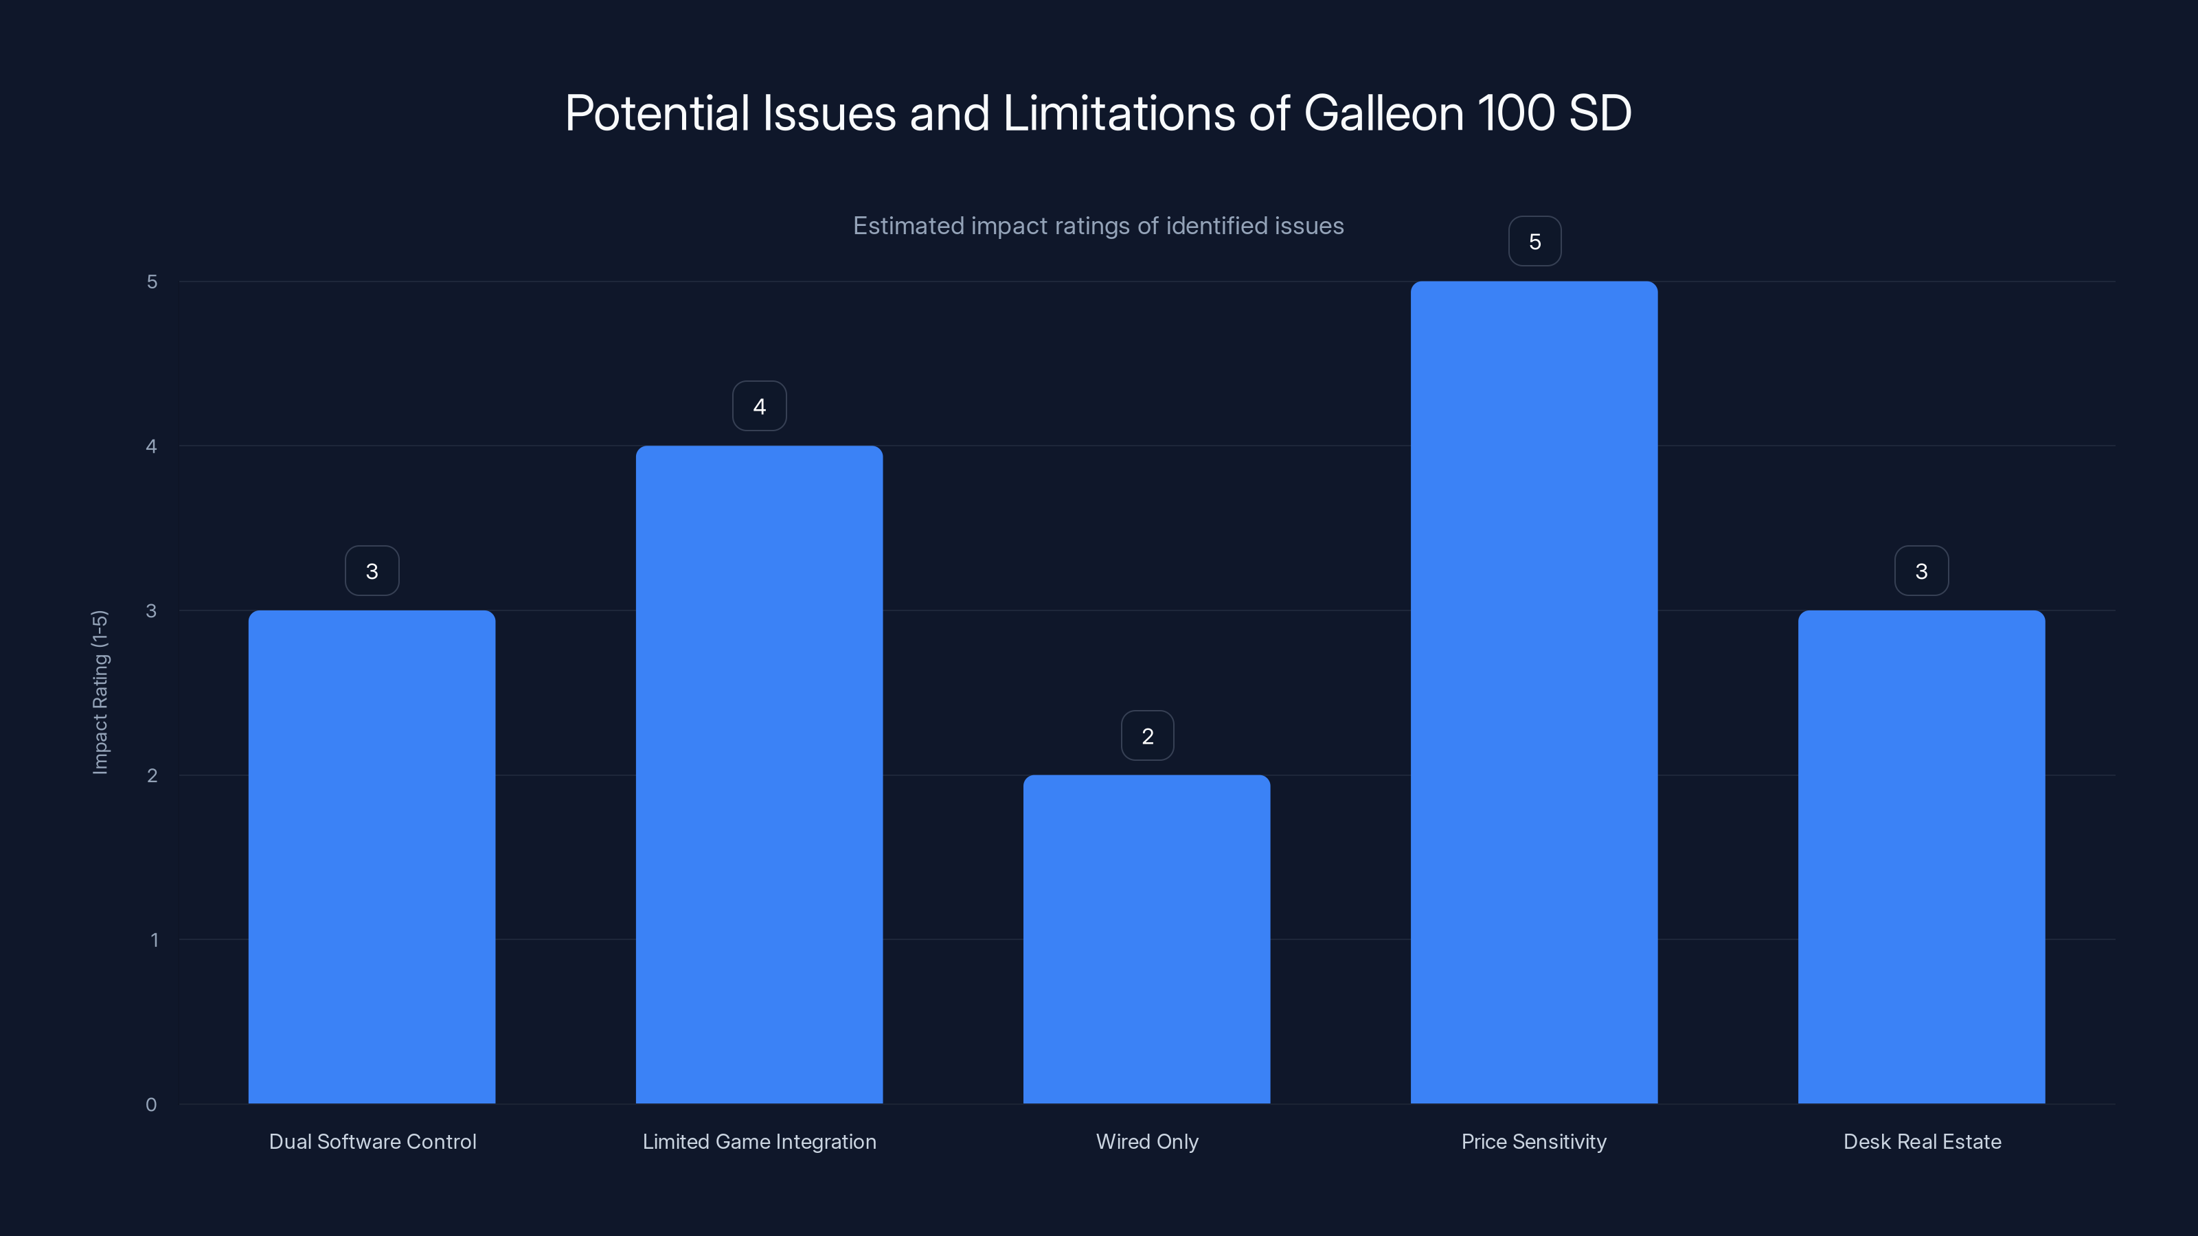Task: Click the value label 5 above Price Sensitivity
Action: [x=1534, y=242]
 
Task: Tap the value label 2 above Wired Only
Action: [x=1147, y=735]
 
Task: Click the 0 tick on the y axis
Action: [x=151, y=1105]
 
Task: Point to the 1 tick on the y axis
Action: [x=154, y=940]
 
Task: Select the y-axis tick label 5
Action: [x=152, y=282]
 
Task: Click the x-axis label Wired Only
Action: [x=1147, y=1141]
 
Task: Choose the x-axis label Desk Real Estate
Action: [x=1922, y=1141]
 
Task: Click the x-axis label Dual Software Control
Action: [x=372, y=1141]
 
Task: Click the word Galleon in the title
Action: [x=1383, y=113]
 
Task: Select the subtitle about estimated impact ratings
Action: [x=1098, y=225]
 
